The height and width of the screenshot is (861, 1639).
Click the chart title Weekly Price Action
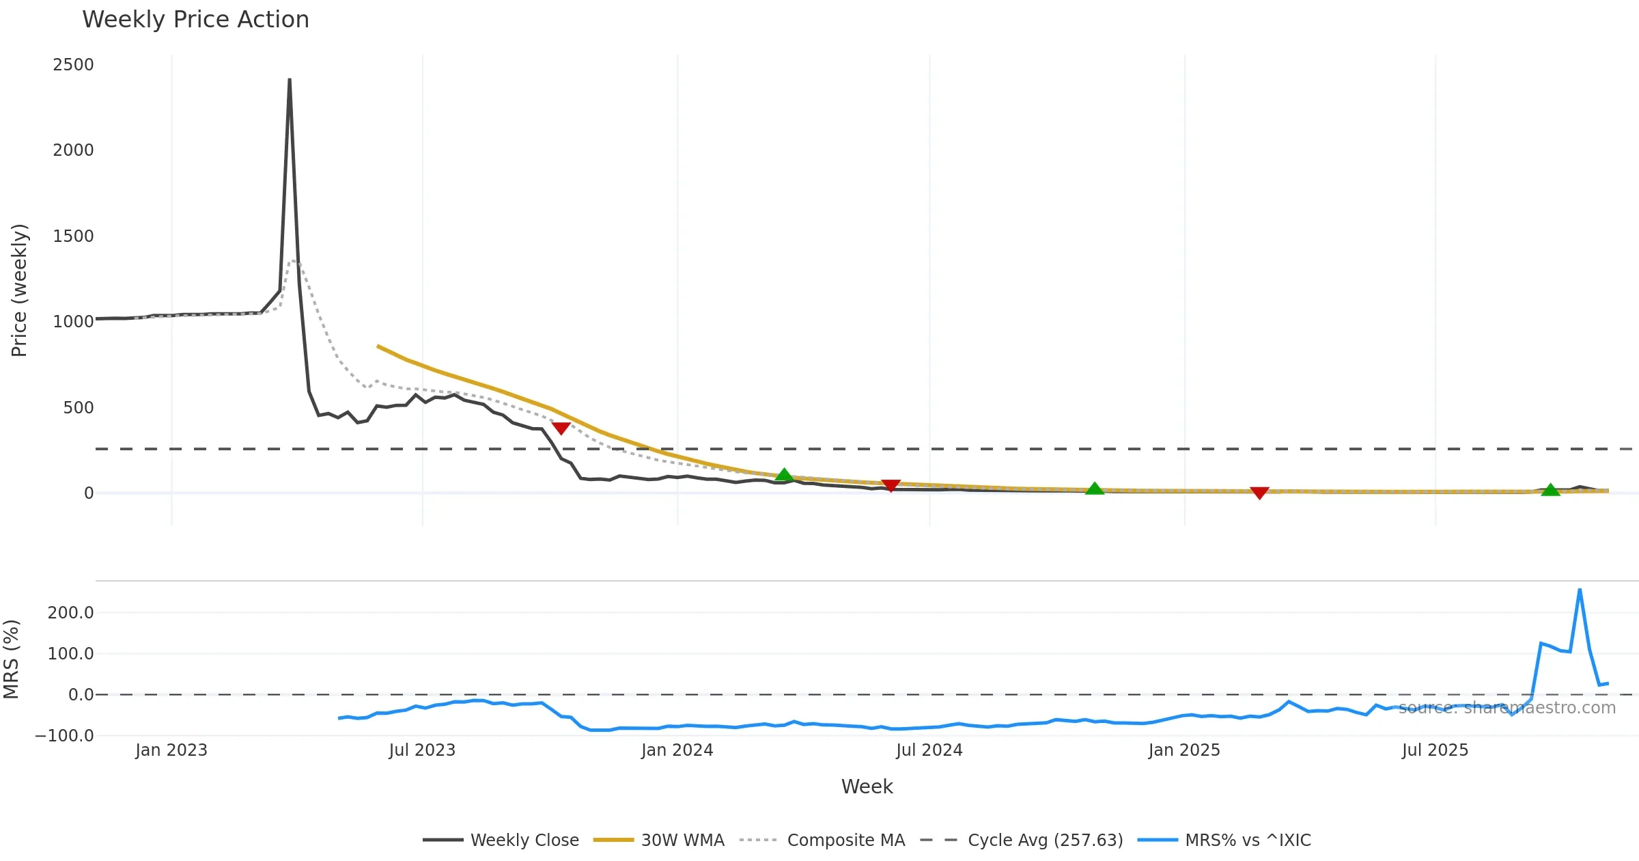(x=195, y=20)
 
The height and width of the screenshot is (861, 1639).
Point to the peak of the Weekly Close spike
(x=290, y=80)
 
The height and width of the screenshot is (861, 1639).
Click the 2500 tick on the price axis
(x=73, y=65)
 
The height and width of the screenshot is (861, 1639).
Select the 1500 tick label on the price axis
(x=73, y=236)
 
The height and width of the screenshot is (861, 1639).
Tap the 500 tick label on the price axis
(x=78, y=408)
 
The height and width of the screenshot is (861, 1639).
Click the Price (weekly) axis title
(x=19, y=290)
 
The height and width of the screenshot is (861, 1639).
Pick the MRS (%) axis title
(x=11, y=659)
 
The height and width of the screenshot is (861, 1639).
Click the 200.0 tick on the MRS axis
(x=70, y=613)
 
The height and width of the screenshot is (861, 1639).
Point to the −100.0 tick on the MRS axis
(x=64, y=736)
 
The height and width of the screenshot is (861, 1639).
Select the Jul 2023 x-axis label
(x=422, y=750)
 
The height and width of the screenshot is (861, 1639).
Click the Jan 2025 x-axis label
(x=1183, y=750)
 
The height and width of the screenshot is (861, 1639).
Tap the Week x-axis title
(x=867, y=787)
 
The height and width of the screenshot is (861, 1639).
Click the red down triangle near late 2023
(x=561, y=428)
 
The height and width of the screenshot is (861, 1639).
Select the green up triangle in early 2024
(x=784, y=475)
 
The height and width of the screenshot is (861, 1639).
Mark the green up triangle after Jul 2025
(x=1550, y=490)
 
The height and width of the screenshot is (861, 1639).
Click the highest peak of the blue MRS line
(x=1580, y=589)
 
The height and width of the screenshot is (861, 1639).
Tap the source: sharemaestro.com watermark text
(x=1507, y=708)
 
